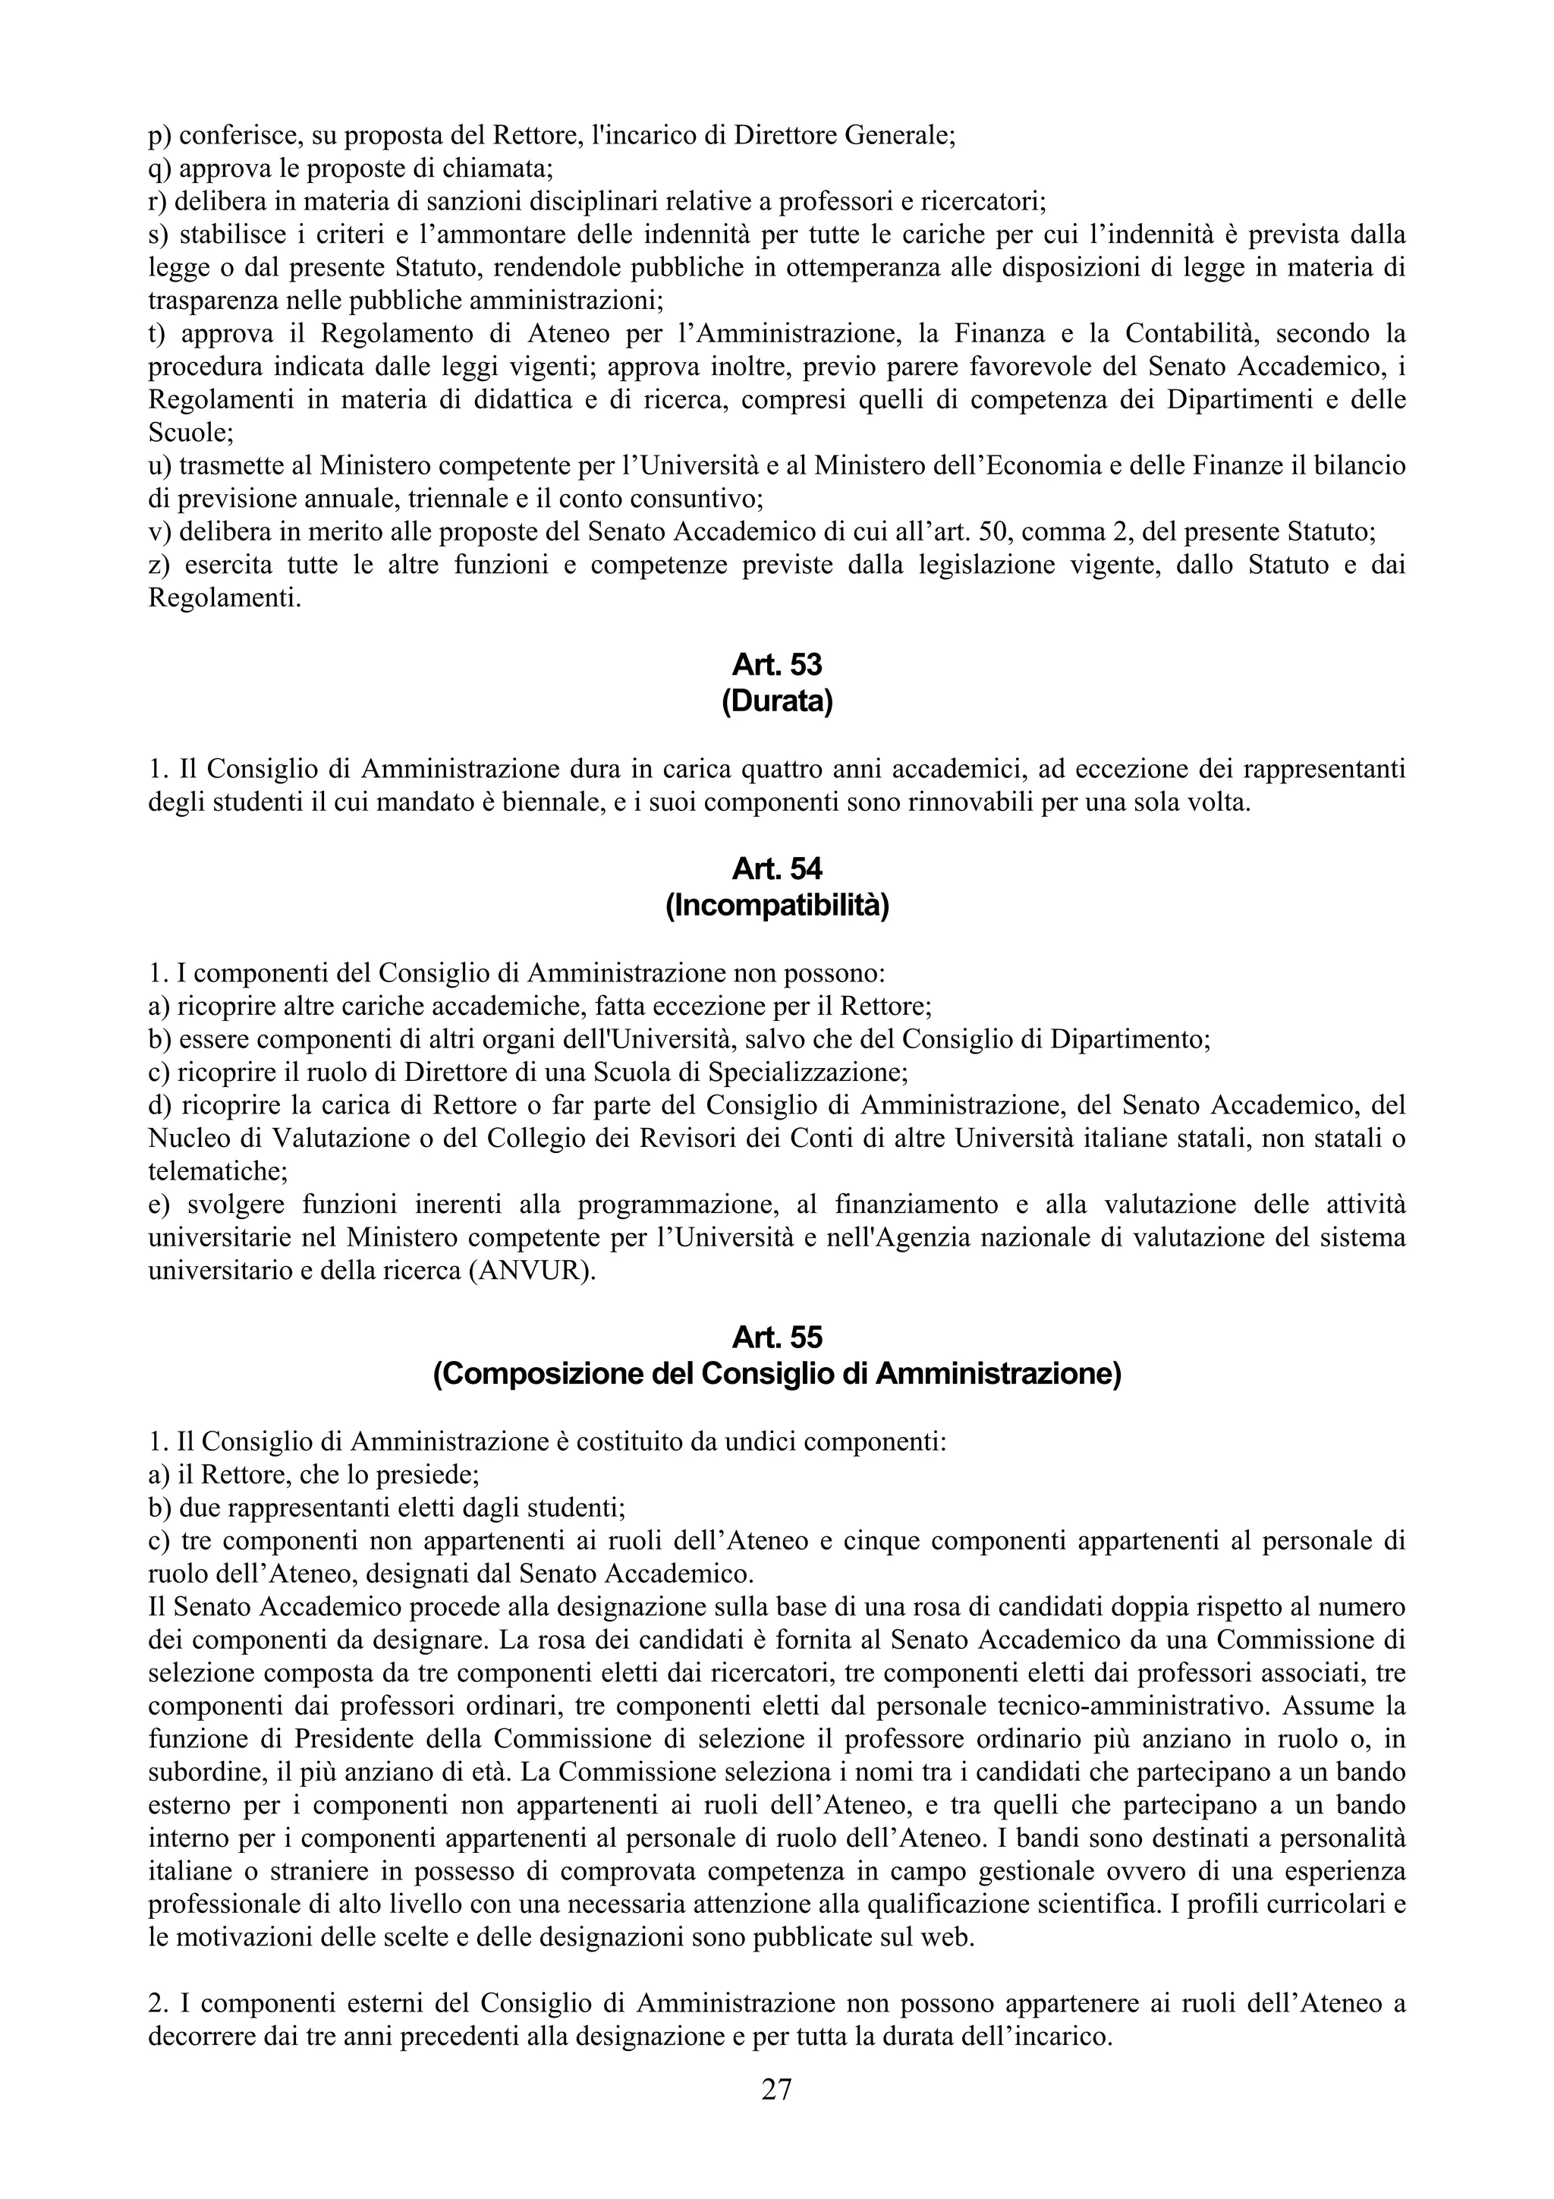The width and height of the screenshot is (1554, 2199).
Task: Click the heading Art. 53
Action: click(776, 663)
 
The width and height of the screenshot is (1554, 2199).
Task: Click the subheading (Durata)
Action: click(776, 702)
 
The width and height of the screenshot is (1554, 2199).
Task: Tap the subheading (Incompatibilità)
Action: click(776, 906)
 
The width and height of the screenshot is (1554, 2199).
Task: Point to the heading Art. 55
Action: click(776, 1336)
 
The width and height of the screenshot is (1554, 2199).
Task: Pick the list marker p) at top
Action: click(161, 135)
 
